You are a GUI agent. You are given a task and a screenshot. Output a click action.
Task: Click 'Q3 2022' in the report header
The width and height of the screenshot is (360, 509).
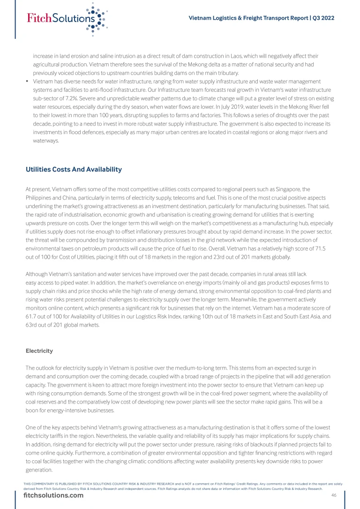pos(323,18)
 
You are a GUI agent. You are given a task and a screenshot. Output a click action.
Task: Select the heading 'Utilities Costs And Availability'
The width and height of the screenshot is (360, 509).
pos(74,169)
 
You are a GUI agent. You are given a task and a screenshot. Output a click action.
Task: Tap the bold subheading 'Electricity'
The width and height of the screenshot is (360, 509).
pos(39,351)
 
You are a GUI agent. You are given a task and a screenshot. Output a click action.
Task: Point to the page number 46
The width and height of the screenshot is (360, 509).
pos(334,495)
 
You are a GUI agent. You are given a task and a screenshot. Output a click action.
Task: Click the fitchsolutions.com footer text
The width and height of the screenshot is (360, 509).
pos(53,496)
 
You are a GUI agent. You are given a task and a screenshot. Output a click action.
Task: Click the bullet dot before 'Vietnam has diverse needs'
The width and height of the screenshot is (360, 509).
pos(28,82)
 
